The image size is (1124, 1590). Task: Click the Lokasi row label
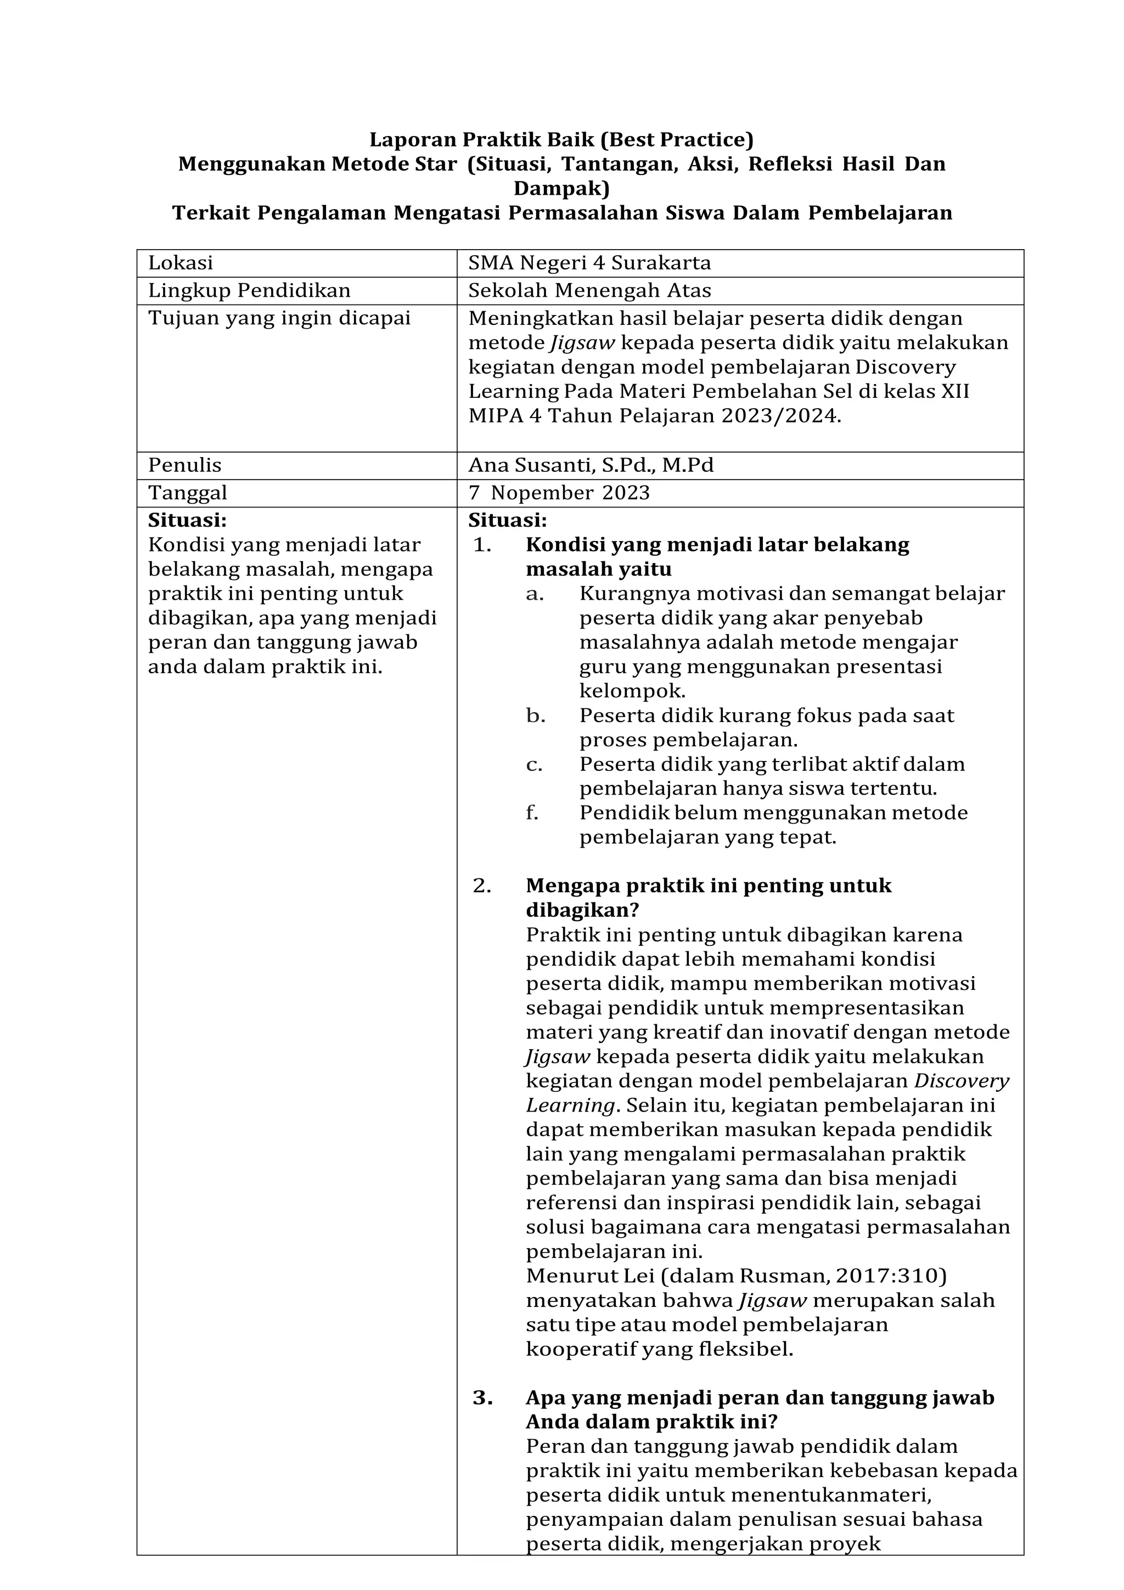pos(180,263)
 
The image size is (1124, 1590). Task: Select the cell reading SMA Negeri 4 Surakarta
pos(589,263)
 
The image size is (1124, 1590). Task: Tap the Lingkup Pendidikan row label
pos(249,291)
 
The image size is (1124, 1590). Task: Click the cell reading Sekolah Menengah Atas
pos(589,291)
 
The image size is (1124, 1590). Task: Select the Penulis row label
pos(185,465)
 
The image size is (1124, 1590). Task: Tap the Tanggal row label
pos(188,493)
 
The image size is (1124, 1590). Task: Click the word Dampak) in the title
pos(561,188)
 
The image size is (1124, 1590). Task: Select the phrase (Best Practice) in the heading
pos(676,140)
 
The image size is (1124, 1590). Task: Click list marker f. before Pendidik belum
pos(532,813)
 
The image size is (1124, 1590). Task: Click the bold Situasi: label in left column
pos(187,520)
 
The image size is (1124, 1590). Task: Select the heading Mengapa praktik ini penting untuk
pos(709,886)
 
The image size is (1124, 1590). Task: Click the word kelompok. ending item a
pos(632,691)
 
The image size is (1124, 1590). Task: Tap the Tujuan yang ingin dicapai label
pos(279,319)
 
